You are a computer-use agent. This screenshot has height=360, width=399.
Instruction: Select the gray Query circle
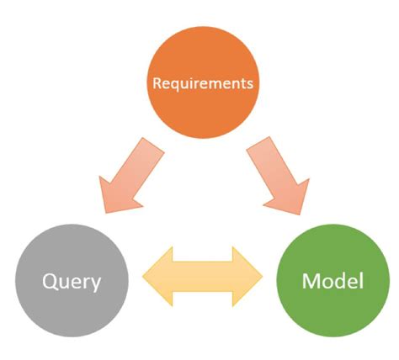tap(72, 278)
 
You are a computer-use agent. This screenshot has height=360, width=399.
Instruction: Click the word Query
tap(72, 279)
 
